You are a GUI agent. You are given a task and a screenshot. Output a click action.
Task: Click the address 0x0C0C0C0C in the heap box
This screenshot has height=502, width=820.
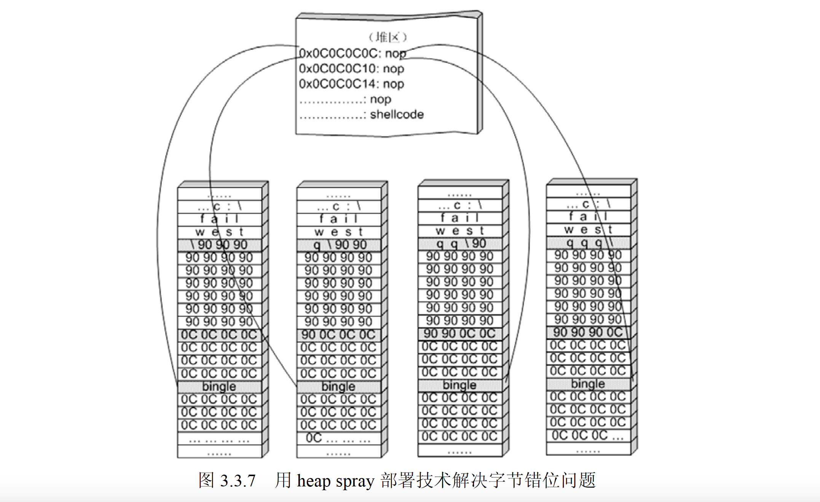(x=339, y=53)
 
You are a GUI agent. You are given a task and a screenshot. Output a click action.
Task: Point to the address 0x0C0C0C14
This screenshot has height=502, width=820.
(x=339, y=84)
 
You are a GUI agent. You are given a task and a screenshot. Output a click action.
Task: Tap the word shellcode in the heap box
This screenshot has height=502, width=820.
(x=397, y=114)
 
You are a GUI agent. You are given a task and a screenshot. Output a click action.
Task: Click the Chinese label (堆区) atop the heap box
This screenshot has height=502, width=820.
(x=388, y=37)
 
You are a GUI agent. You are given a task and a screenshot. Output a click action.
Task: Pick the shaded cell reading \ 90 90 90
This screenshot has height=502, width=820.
(x=219, y=245)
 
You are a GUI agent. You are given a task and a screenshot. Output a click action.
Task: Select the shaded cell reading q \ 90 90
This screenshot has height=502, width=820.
(x=338, y=245)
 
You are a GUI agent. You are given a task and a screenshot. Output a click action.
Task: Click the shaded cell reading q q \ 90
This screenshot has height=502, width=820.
(x=459, y=243)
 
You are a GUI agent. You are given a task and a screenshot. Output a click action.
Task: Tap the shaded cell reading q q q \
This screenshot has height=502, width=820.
(x=588, y=242)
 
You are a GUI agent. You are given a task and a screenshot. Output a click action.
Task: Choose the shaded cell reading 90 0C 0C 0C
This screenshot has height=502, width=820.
(x=338, y=335)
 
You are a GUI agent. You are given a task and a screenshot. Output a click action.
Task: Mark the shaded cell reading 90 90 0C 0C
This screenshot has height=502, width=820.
(x=459, y=334)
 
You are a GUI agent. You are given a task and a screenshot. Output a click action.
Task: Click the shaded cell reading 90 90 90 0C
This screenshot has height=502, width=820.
(x=588, y=332)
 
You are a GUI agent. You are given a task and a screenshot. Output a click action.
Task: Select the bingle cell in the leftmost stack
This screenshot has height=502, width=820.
(x=219, y=386)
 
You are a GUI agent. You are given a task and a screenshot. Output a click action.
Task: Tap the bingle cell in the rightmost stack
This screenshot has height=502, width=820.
(x=588, y=384)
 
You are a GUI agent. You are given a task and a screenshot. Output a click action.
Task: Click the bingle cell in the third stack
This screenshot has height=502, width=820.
(x=459, y=385)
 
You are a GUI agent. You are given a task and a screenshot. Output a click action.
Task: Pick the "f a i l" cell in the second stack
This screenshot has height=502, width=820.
(x=338, y=219)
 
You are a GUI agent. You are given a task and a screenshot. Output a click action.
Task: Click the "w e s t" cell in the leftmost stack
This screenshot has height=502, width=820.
(x=219, y=232)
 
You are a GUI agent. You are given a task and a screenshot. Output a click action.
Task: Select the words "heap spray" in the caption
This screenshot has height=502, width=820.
(x=336, y=481)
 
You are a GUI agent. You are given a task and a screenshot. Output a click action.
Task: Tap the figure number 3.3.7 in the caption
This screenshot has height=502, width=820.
(x=238, y=481)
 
